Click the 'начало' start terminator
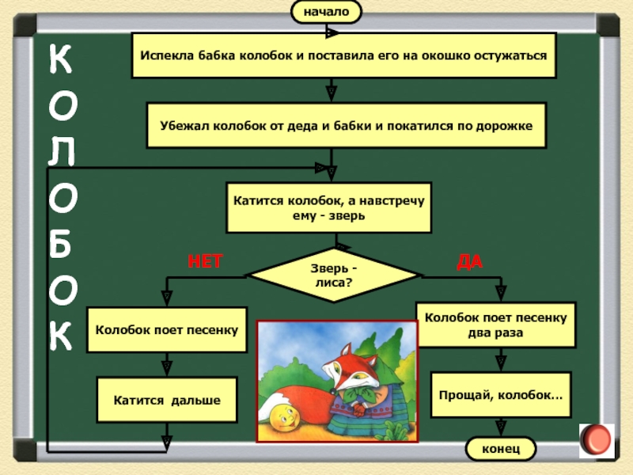click(x=326, y=12)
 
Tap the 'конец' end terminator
click(x=500, y=449)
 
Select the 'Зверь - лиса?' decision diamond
click(x=333, y=274)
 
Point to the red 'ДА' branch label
click(x=469, y=260)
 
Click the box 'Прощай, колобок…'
click(x=500, y=393)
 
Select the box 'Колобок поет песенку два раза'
click(x=496, y=325)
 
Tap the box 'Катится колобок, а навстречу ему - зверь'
click(x=329, y=208)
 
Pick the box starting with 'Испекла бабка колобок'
click(x=343, y=55)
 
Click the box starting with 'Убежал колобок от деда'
click(x=347, y=125)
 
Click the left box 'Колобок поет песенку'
click(x=167, y=329)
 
